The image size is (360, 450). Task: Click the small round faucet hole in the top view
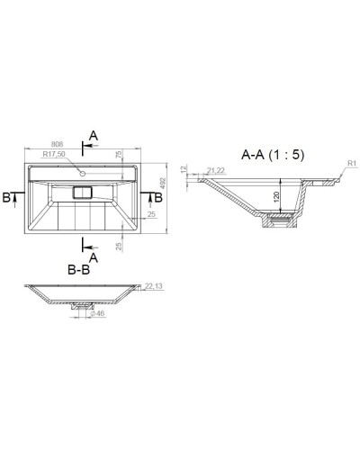pyautogui.click(x=82, y=171)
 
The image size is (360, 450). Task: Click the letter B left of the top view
pyautogui.click(x=7, y=197)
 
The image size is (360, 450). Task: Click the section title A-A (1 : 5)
pyautogui.click(x=273, y=155)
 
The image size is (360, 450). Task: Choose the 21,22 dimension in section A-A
pyautogui.click(x=216, y=170)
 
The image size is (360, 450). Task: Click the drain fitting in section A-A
pyautogui.click(x=280, y=219)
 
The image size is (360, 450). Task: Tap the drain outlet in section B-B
pyautogui.click(x=81, y=306)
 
